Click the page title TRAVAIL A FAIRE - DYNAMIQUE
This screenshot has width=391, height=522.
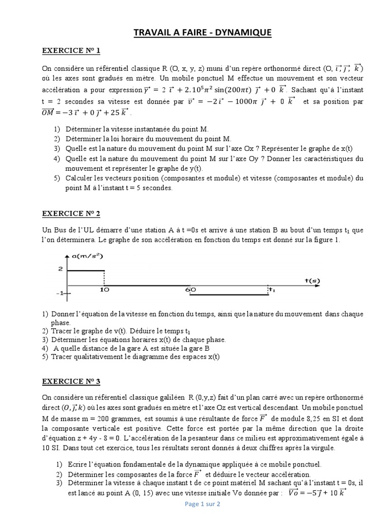point(202,33)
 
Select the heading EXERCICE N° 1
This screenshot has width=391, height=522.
point(71,50)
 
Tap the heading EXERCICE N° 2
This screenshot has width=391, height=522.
point(71,213)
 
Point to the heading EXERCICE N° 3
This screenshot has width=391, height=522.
point(71,381)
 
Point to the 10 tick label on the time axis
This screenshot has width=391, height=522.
point(104,290)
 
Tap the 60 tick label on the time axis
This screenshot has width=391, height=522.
point(190,290)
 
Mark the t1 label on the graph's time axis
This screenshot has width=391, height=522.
point(271,290)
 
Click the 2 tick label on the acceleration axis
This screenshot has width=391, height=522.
point(60,269)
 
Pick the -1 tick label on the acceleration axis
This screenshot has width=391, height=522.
point(60,293)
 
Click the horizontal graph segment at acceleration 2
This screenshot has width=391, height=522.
point(86,271)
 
